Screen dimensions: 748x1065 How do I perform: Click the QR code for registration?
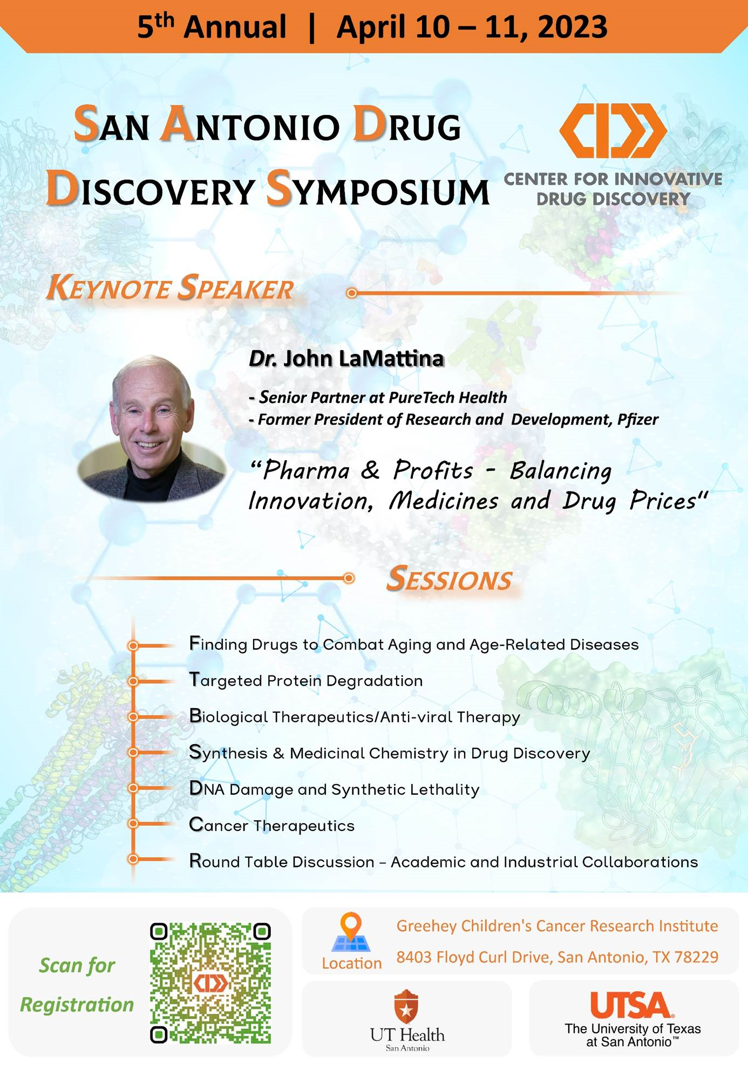pyautogui.click(x=210, y=982)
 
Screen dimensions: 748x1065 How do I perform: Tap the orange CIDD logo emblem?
pyautogui.click(x=613, y=131)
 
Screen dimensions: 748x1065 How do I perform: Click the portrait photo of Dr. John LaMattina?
pyautogui.click(x=152, y=428)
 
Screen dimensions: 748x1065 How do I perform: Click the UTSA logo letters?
pyautogui.click(x=630, y=1005)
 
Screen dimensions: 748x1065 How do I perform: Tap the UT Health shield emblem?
pyautogui.click(x=406, y=1006)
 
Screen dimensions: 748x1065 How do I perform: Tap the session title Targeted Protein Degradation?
pyautogui.click(x=305, y=680)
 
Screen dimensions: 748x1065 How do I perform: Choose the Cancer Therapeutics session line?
pyautogui.click(x=271, y=825)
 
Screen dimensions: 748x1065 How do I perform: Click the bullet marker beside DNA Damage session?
pyautogui.click(x=133, y=788)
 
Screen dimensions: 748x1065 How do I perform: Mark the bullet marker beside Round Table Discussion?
pyautogui.click(x=133, y=859)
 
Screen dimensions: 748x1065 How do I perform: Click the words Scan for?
pyautogui.click(x=77, y=965)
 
